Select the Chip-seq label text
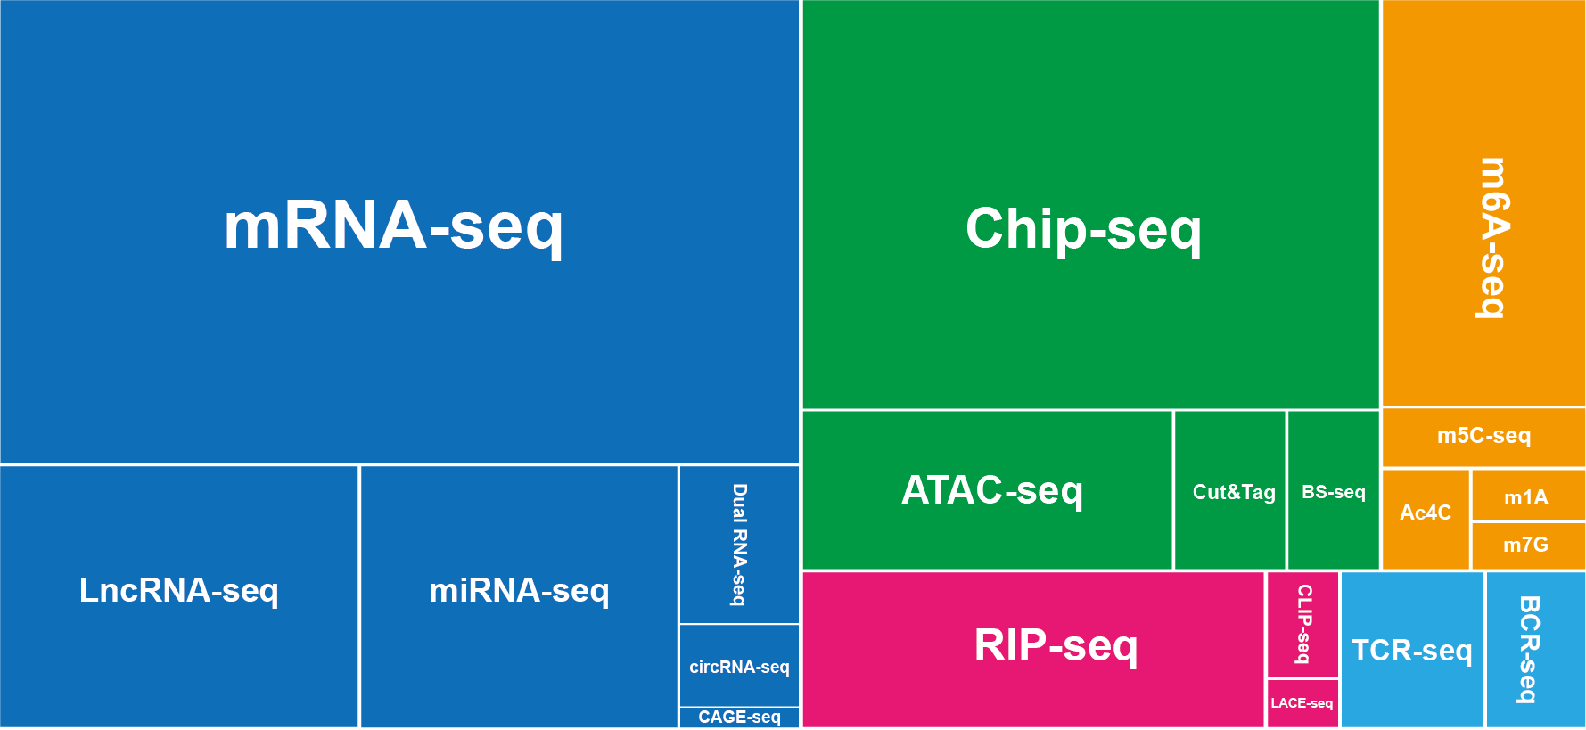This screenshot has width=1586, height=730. click(1083, 230)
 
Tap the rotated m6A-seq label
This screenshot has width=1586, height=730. click(1494, 238)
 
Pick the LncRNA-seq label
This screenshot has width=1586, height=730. click(179, 591)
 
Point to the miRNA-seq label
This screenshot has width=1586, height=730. click(519, 591)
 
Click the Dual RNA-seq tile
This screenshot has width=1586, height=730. click(739, 545)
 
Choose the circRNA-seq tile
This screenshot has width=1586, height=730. click(739, 666)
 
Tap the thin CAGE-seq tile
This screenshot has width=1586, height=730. click(739, 718)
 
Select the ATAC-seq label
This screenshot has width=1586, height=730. click(992, 491)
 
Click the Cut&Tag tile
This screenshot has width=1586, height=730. click(1230, 490)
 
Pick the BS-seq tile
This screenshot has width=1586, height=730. click(1334, 490)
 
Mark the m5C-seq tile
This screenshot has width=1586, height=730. click(1483, 437)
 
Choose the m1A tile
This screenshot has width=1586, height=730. click(1528, 495)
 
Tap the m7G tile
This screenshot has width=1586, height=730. click(1528, 545)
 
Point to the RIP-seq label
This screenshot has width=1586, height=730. click(1056, 646)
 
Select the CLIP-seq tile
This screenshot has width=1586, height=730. click(1302, 625)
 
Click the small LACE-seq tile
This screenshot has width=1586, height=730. click(1302, 703)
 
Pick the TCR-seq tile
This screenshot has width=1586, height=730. click(1412, 650)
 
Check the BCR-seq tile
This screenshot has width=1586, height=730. click(1536, 650)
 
